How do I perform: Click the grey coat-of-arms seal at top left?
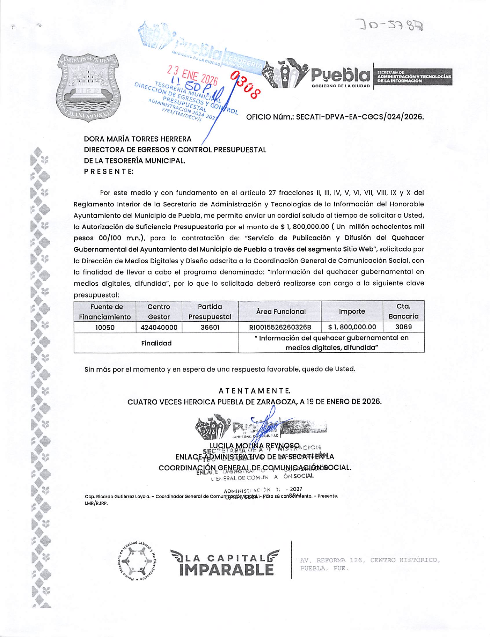pos(88,88)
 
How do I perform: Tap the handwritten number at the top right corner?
pos(391,26)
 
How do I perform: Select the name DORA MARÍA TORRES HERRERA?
pos(138,139)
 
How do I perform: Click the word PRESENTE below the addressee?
pos(109,172)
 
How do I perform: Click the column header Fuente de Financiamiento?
pos(105,312)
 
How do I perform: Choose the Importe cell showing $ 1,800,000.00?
pos(352,327)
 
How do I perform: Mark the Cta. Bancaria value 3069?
pos(403,327)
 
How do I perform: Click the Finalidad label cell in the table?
pos(156,343)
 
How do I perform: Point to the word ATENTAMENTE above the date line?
pos(254,391)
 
